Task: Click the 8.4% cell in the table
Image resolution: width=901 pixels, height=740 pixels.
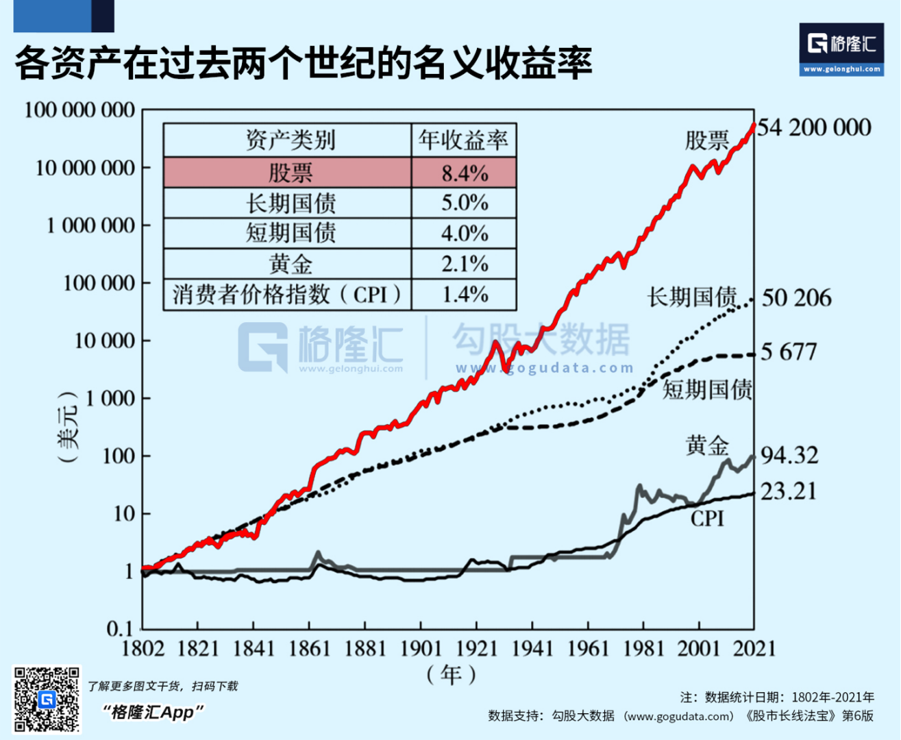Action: click(464, 173)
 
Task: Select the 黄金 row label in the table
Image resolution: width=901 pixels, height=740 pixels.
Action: click(291, 264)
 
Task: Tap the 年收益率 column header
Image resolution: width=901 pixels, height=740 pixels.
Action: click(464, 140)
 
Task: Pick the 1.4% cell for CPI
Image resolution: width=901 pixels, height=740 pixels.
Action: click(464, 295)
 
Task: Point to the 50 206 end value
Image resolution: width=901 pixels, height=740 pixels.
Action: click(797, 297)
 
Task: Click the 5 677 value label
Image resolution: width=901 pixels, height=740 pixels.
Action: click(789, 352)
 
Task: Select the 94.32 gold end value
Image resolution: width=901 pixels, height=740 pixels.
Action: click(789, 455)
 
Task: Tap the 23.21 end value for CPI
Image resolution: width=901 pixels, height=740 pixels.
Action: click(789, 491)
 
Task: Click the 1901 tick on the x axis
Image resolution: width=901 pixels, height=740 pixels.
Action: click(420, 648)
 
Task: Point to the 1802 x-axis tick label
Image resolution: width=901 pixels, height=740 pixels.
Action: click(143, 648)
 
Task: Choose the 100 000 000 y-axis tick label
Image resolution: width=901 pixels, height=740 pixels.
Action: click(79, 110)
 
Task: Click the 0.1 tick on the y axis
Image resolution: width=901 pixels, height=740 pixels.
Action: click(121, 629)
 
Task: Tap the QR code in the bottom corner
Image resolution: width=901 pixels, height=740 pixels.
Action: click(47, 699)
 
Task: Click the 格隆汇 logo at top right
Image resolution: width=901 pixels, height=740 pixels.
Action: click(841, 48)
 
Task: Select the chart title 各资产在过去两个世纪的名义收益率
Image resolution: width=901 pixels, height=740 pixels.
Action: click(303, 64)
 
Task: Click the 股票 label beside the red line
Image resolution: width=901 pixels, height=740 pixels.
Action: click(708, 140)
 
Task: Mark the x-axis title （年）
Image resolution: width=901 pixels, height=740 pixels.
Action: click(450, 675)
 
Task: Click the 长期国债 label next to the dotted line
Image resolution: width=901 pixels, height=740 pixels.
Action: click(692, 297)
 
